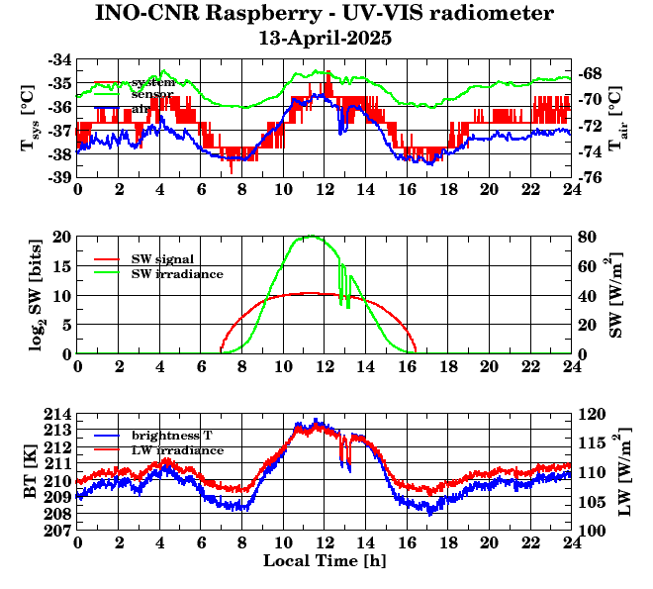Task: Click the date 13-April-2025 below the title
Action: [325, 39]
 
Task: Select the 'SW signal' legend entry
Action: [164, 258]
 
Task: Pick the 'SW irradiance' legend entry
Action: [177, 273]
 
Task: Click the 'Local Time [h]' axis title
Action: [325, 560]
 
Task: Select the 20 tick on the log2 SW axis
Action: [62, 237]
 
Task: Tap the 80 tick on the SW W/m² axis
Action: [588, 237]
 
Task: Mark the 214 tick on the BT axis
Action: [58, 413]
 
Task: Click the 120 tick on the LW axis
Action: [592, 413]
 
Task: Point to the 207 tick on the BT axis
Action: [58, 531]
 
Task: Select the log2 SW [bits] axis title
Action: [29, 295]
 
